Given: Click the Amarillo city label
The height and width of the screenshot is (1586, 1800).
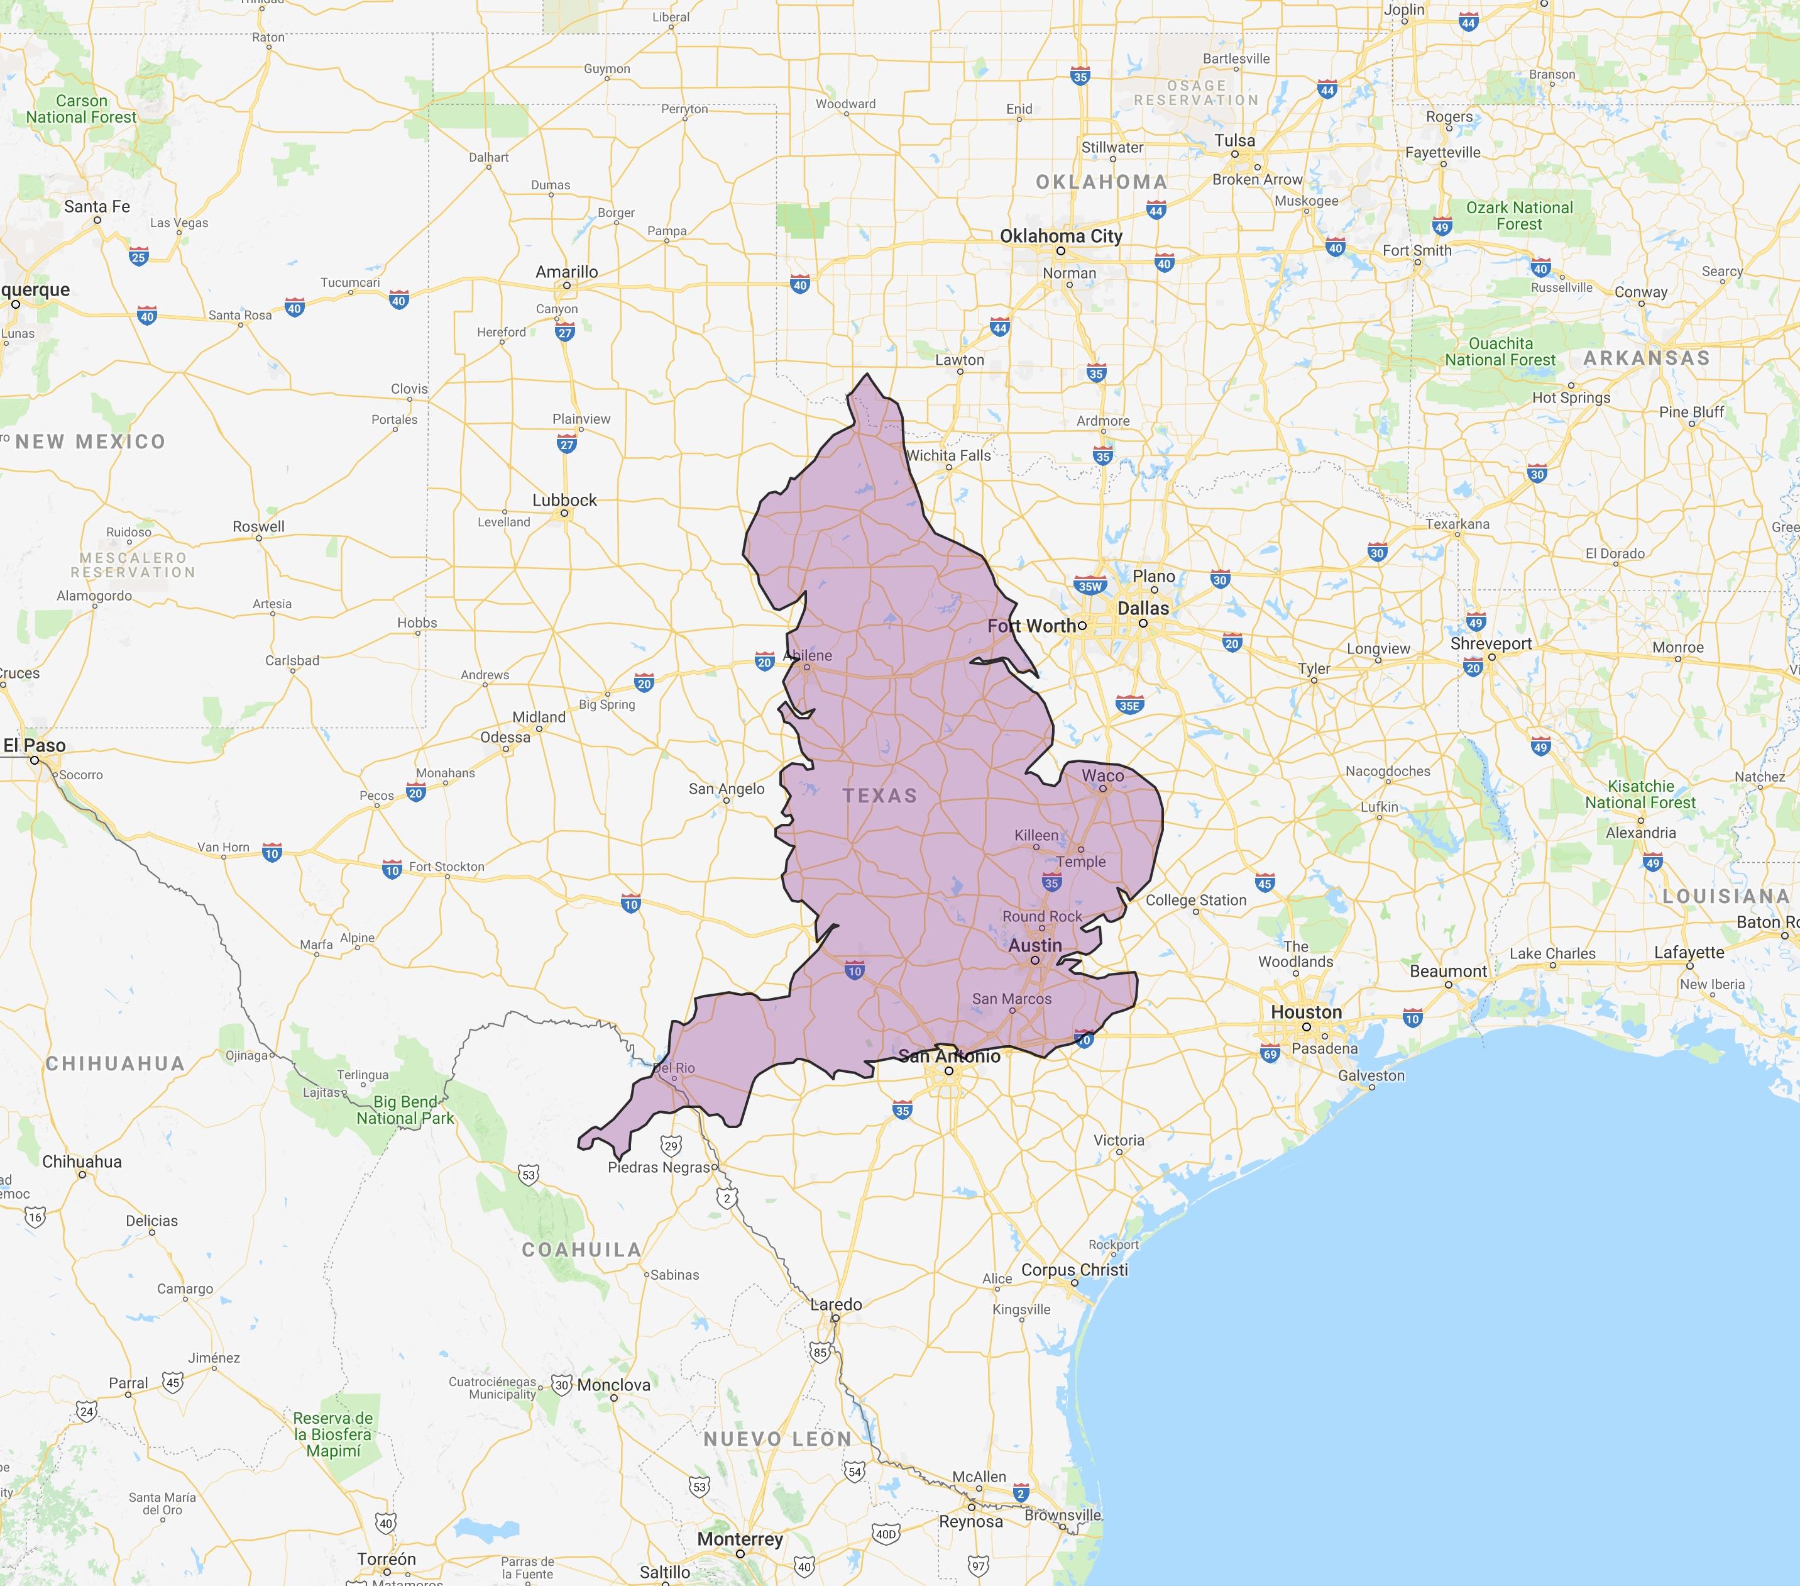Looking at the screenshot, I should point(566,272).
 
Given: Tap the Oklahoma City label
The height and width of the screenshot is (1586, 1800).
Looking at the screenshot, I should point(1060,236).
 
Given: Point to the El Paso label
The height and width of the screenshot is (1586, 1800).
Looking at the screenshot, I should point(35,745).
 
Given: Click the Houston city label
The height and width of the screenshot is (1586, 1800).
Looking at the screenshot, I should point(1306,1012).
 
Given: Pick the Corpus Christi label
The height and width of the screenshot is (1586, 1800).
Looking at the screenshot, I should point(1073,1270).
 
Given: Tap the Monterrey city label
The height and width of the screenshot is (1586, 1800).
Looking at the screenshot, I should point(740,1539).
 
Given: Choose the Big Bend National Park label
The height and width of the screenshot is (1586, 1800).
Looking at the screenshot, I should point(405,1110).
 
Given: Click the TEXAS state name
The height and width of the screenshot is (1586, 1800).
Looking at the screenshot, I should point(880,796).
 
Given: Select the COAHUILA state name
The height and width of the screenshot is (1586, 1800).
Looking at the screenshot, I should point(581,1250).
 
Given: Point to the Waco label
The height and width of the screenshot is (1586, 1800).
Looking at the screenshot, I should point(1102,775).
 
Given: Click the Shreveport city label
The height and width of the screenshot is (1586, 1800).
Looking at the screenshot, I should point(1491,643).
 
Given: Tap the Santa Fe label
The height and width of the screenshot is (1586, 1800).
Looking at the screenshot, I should point(97,206).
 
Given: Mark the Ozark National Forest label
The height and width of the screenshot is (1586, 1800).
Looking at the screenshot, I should point(1519,216).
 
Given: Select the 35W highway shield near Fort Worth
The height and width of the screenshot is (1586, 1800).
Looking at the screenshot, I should point(1089,586).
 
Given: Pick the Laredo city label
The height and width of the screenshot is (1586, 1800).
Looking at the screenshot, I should point(836,1304).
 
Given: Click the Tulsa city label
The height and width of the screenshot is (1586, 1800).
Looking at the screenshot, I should point(1234,141).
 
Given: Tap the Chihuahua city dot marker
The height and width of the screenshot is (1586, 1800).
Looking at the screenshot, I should point(82,1175).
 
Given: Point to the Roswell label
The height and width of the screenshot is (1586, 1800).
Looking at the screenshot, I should point(258,526).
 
